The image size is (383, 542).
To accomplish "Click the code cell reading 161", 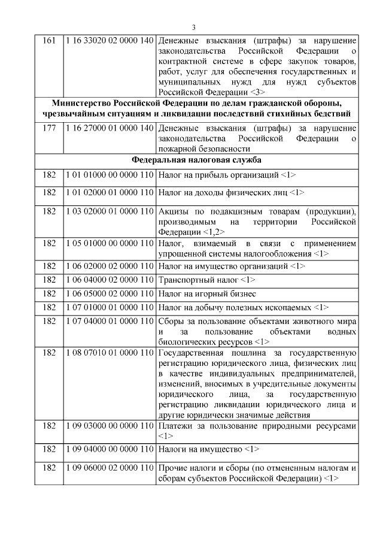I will pyautogui.click(x=49, y=41).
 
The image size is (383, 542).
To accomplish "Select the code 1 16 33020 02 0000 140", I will pyautogui.click(x=109, y=41).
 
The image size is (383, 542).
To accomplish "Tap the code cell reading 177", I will pyautogui.click(x=49, y=129).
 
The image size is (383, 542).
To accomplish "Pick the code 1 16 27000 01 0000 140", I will pyautogui.click(x=109, y=129).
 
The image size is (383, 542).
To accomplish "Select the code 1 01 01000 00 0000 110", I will pyautogui.click(x=109, y=175).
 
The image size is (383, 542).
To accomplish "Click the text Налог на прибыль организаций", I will pyautogui.click(x=223, y=175).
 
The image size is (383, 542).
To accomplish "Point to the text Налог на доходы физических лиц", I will pyautogui.click(x=227, y=193).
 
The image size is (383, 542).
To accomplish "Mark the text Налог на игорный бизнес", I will pyautogui.click(x=207, y=293).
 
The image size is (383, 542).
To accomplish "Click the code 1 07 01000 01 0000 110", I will pyautogui.click(x=109, y=307).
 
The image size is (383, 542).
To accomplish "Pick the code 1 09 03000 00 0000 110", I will pyautogui.click(x=109, y=426).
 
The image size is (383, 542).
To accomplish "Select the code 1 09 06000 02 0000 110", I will pyautogui.click(x=109, y=467).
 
